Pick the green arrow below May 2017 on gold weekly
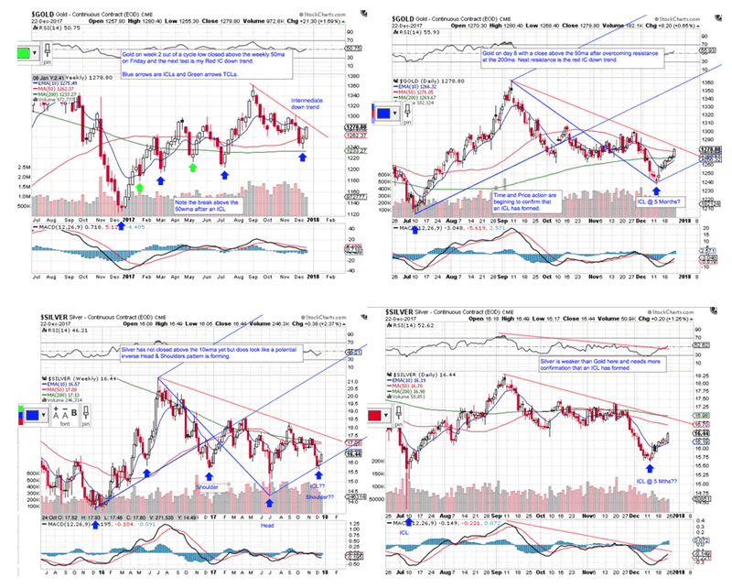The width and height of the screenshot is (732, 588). click(x=192, y=168)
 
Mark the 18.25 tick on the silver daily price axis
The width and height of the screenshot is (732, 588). click(x=705, y=375)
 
